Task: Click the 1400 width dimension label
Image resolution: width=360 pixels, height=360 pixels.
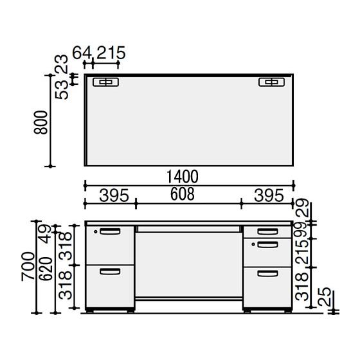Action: [182, 177]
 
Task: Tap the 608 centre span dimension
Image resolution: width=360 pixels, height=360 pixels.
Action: [183, 194]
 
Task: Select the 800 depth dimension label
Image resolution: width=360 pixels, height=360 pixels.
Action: [40, 122]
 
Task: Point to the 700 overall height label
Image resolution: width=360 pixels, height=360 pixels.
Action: [28, 266]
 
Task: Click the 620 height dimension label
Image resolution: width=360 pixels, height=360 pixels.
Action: [46, 269]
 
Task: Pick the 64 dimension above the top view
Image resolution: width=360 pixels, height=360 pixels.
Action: [82, 53]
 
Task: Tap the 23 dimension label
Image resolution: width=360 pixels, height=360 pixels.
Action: [62, 64]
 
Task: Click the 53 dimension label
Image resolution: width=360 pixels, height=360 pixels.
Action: [62, 91]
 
